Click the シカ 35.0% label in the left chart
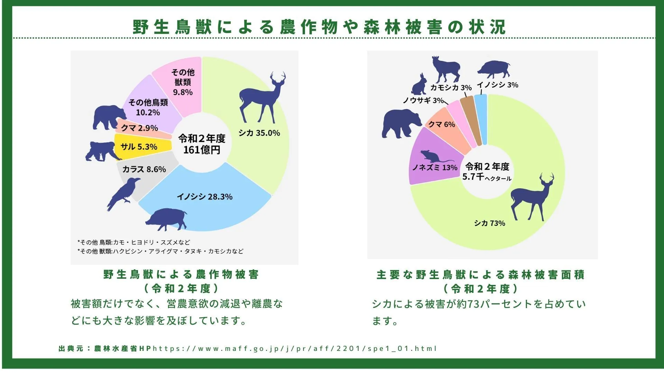[259, 133]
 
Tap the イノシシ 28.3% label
[204, 197]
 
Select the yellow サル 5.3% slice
[138, 147]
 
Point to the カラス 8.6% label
[144, 169]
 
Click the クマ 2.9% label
[139, 128]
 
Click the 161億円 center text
[202, 150]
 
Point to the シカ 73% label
[489, 223]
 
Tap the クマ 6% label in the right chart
[442, 124]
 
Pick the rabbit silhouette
[419, 85]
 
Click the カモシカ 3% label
[451, 88]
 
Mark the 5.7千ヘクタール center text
[487, 177]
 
